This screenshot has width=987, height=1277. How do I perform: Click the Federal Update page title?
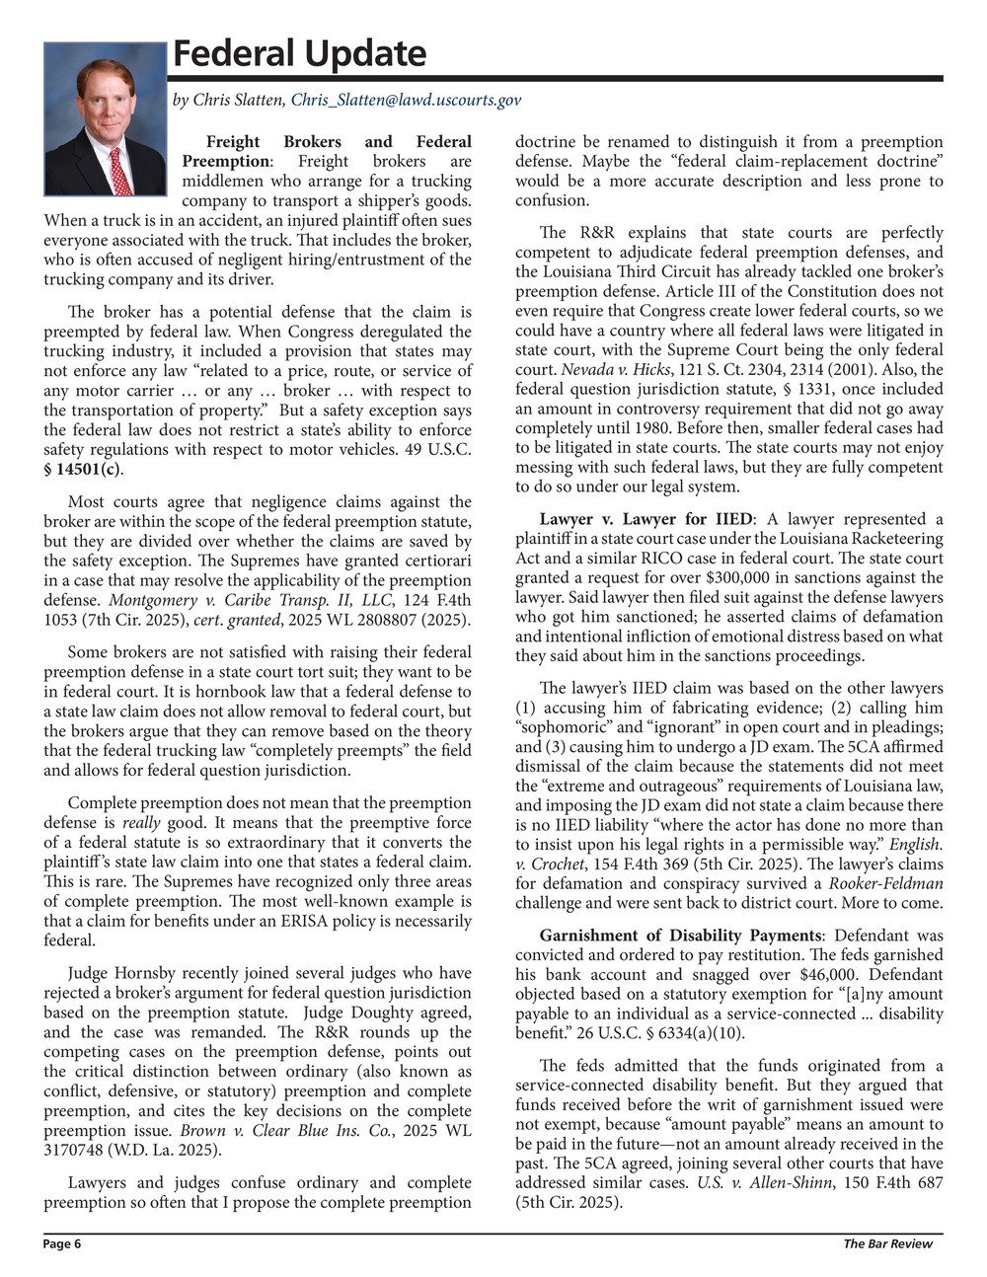(x=299, y=53)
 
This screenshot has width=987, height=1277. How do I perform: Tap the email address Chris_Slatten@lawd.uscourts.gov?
(x=406, y=100)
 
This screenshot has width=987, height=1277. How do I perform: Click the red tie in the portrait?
(x=119, y=171)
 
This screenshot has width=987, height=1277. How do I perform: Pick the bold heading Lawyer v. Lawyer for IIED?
(x=645, y=519)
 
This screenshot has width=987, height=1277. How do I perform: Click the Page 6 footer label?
(x=62, y=1244)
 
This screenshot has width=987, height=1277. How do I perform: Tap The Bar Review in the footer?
(x=887, y=1244)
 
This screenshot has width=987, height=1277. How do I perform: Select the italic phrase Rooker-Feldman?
(x=885, y=884)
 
